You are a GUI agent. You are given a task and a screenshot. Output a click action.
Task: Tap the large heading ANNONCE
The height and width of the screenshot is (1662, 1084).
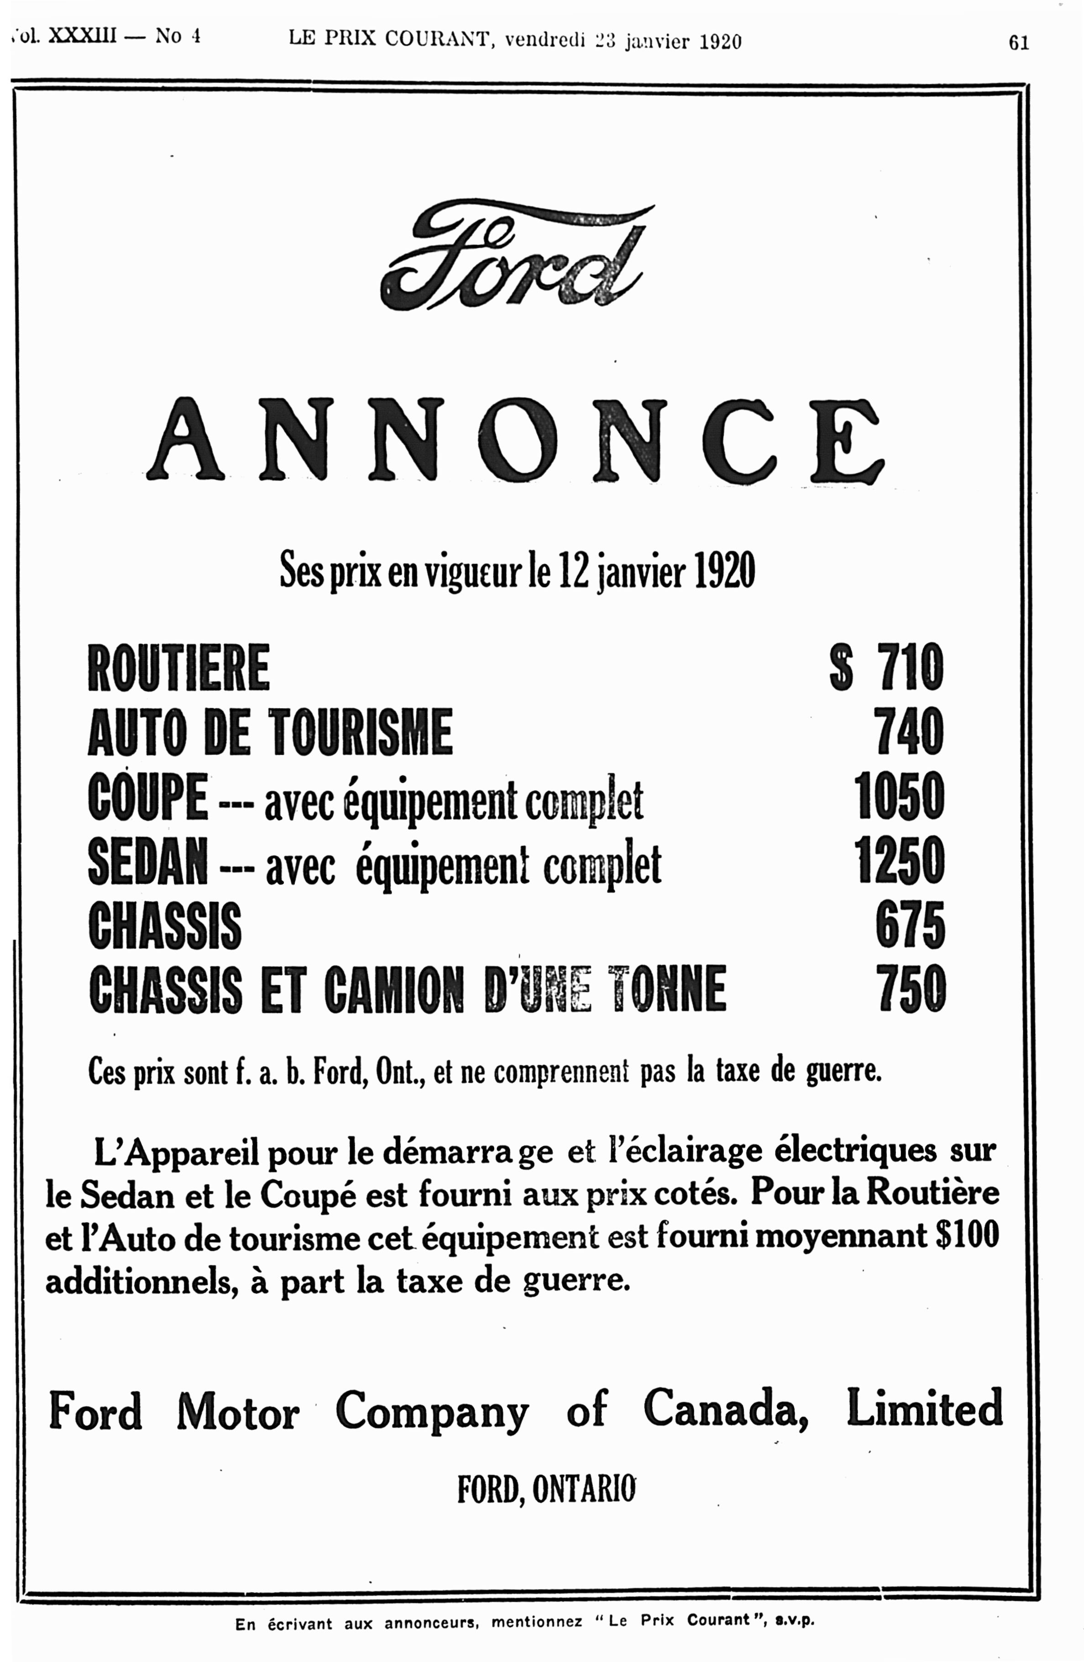pos(515,440)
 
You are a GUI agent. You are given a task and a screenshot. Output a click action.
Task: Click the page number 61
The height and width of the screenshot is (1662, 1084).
pos(1018,43)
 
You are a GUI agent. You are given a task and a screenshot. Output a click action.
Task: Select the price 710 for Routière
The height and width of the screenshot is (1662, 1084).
pos(910,668)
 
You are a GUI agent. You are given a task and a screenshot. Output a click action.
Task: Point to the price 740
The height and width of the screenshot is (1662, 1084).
pos(910,732)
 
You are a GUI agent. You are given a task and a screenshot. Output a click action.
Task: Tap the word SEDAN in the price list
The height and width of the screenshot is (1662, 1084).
pos(148,861)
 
